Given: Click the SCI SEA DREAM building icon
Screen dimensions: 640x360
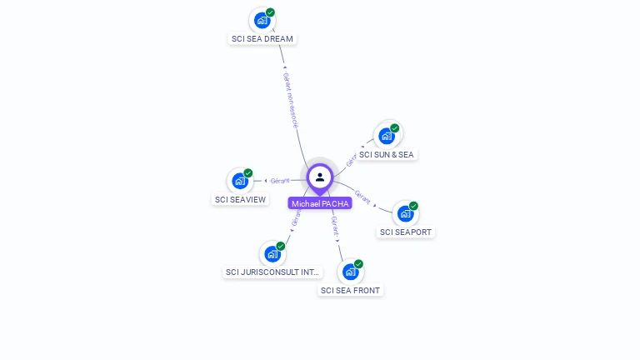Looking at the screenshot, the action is (262, 20).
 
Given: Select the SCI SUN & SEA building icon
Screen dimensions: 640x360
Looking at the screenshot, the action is (387, 136).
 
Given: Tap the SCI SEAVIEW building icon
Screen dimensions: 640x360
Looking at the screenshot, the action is (240, 181).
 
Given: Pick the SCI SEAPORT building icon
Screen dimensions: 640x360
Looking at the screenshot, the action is (406, 213).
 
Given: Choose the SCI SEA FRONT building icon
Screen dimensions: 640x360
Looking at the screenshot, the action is (351, 272).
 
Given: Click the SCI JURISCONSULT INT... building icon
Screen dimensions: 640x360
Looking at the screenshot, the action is (272, 253).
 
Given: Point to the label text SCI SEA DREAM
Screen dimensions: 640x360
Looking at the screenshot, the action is (262, 39).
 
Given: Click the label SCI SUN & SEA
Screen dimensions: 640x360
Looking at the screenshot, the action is (386, 155).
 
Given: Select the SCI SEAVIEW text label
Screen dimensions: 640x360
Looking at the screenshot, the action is (240, 200).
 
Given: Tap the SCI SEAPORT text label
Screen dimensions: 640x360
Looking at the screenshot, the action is (406, 232).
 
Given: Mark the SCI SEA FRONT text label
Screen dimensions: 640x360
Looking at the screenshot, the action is (350, 291).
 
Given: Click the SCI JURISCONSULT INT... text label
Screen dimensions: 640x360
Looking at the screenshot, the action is (272, 272).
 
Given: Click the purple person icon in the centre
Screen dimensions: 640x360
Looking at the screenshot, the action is (320, 177).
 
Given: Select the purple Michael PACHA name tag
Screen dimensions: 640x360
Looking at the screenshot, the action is (320, 203).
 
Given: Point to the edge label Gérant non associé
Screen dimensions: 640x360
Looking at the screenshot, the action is (290, 99).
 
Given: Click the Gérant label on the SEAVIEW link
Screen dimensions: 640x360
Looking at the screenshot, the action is (280, 181).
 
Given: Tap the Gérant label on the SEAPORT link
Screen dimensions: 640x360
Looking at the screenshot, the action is (362, 197).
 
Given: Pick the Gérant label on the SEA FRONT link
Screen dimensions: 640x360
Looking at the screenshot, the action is (335, 227).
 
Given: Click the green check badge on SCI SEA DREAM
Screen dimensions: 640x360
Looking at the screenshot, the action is (270, 12).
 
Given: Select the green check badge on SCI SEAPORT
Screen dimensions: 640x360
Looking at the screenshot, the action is (413, 206).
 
